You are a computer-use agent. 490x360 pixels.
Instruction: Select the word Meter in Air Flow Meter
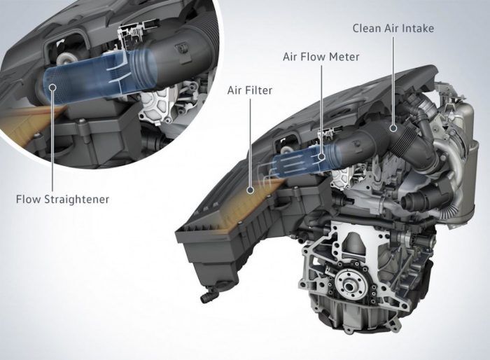point(346,57)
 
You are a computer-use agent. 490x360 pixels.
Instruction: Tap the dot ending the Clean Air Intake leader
point(395,129)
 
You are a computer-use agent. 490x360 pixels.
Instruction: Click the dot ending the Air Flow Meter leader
point(322,158)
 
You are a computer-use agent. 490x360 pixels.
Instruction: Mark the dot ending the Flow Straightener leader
point(54,88)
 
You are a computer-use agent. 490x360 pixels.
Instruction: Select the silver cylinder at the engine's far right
point(466,140)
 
